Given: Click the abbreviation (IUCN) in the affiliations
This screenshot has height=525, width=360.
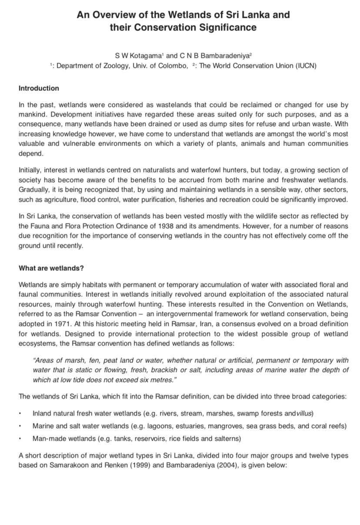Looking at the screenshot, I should pyautogui.click(x=306, y=66).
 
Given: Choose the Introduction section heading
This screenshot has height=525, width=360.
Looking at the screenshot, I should pyautogui.click(x=39, y=88).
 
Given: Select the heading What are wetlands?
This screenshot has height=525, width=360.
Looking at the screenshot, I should pyautogui.click(x=51, y=268).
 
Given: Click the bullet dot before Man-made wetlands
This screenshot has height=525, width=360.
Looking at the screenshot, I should pyautogui.click(x=20, y=439).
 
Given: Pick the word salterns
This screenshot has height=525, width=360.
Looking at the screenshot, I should pyautogui.click(x=227, y=439).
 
